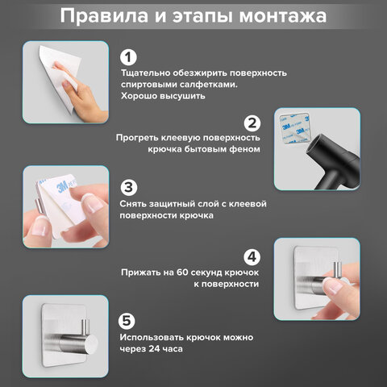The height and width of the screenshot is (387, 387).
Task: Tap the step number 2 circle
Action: pyautogui.click(x=252, y=123)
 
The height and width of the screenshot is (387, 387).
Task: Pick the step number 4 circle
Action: pyautogui.click(x=252, y=257)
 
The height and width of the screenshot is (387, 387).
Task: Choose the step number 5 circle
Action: pyautogui.click(x=129, y=319)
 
